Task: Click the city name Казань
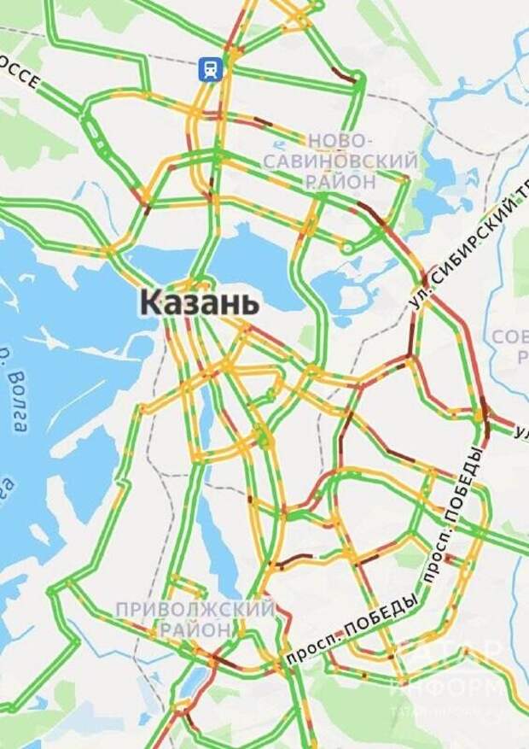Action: point(199,301)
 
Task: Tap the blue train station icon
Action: point(210,69)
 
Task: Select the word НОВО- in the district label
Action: point(340,140)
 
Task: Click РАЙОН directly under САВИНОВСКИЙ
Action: point(340,182)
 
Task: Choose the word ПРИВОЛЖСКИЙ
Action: point(195,610)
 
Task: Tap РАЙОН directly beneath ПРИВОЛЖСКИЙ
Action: point(195,630)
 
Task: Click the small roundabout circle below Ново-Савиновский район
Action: point(347,249)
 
